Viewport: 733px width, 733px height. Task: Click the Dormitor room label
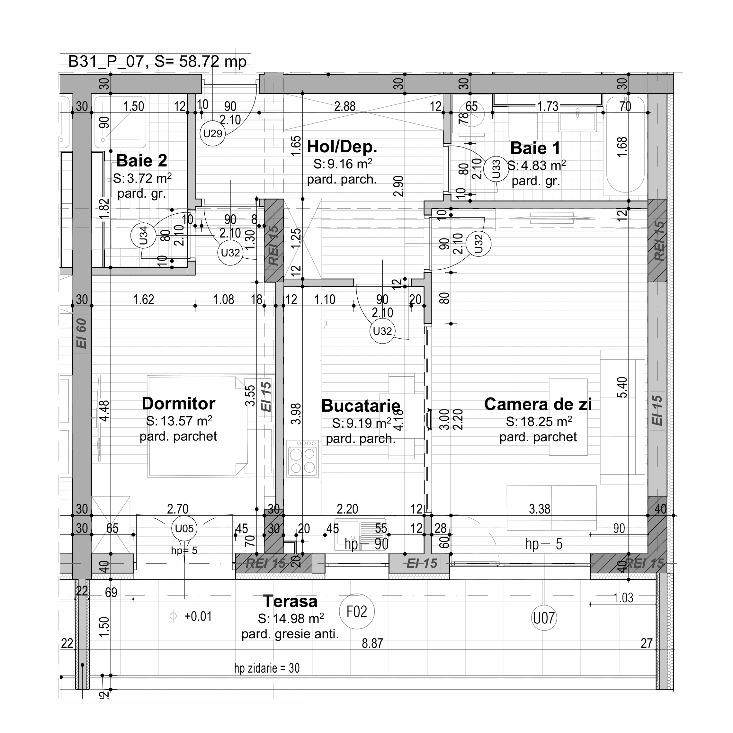[x=178, y=404]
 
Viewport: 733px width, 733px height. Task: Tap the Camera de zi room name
[x=538, y=405]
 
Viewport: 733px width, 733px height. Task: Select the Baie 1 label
[x=535, y=148]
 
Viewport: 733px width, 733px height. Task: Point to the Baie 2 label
[x=141, y=161]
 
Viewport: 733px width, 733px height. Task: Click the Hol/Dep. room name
[x=342, y=147]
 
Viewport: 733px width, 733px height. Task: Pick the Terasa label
[x=290, y=601]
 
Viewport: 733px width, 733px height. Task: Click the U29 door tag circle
[x=212, y=134]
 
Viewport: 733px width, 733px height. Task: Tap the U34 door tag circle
[x=143, y=236]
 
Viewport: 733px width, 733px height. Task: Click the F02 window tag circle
[x=357, y=612]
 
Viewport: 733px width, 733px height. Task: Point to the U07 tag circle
[x=544, y=618]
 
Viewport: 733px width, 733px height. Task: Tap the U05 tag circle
[x=184, y=529]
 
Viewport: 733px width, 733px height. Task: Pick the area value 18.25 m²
[x=539, y=422]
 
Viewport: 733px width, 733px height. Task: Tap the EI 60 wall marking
[x=82, y=334]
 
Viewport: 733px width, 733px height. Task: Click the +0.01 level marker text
[x=198, y=617]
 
